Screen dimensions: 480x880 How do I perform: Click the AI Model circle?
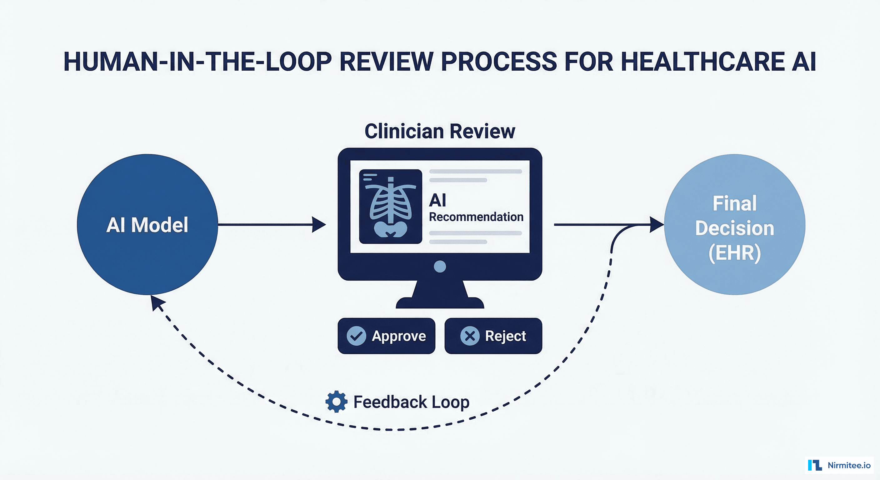tap(147, 224)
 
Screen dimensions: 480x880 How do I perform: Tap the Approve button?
tap(386, 336)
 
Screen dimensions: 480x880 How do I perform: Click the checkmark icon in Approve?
tap(356, 336)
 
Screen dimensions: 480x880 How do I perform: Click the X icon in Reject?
tap(470, 336)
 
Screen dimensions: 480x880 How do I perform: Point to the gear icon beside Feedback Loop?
tap(337, 402)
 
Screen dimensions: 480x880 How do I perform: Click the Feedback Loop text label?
tap(411, 402)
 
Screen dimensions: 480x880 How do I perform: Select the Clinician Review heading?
tap(440, 131)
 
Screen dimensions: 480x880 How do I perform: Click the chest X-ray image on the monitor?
tap(390, 207)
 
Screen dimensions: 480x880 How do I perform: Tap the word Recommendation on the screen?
tap(476, 217)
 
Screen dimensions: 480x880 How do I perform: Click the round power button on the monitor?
tap(440, 267)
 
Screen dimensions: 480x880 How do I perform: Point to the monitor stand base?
tap(440, 302)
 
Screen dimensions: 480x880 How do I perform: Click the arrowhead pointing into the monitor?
tap(318, 224)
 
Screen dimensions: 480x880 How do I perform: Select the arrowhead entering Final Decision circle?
tap(656, 224)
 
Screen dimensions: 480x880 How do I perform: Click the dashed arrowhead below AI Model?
tap(157, 303)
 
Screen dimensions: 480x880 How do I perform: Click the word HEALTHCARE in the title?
tap(702, 62)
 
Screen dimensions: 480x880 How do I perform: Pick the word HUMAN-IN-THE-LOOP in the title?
tap(197, 62)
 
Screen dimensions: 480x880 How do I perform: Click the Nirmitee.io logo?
tap(839, 465)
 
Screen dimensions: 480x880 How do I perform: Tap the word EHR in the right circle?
tap(734, 253)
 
